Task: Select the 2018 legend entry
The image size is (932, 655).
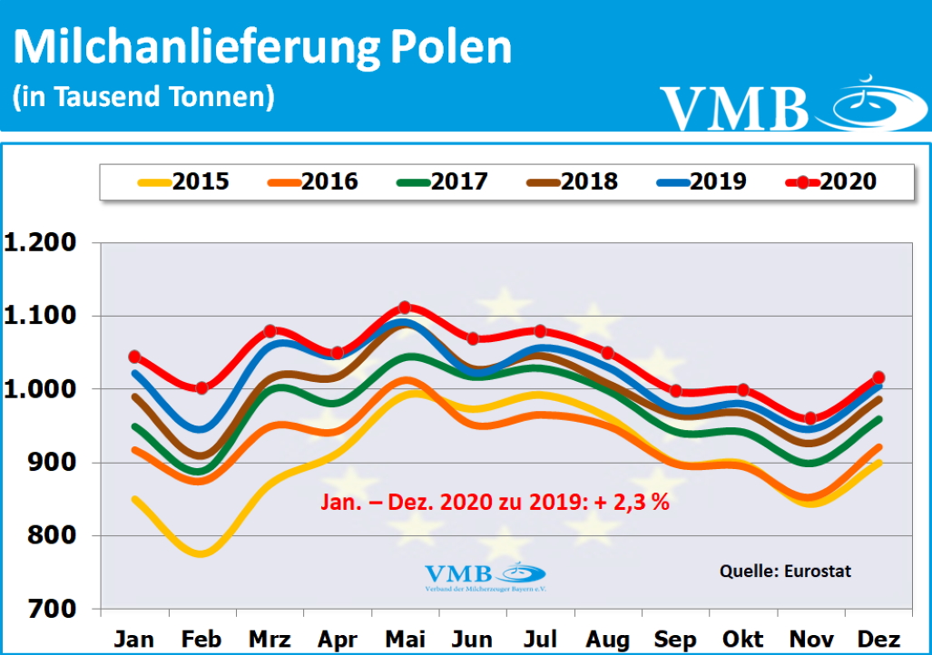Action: click(x=571, y=181)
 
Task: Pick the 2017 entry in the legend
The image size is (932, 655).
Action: click(x=442, y=181)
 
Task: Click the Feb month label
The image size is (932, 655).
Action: click(x=202, y=639)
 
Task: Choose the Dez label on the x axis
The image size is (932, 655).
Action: click(x=878, y=639)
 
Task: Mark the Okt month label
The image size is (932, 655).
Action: click(x=742, y=639)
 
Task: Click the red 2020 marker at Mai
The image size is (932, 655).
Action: click(x=405, y=308)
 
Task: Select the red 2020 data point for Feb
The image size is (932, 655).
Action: click(x=202, y=388)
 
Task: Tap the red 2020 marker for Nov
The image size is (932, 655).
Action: click(x=810, y=418)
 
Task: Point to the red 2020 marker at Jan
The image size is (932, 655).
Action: click(x=134, y=357)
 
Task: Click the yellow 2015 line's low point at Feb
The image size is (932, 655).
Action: click(x=201, y=552)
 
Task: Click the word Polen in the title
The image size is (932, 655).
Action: click(x=451, y=48)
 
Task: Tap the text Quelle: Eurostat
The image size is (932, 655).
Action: click(x=785, y=572)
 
